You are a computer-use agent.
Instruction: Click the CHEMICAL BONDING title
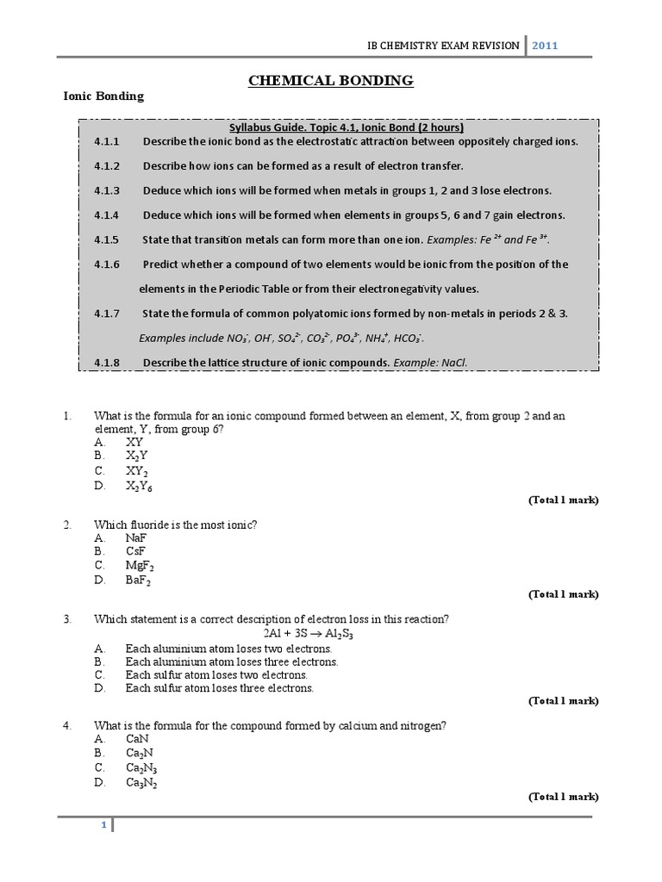click(331, 81)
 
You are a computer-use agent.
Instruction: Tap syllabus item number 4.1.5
click(108, 239)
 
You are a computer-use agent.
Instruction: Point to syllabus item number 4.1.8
click(108, 362)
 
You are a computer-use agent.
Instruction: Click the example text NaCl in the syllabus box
click(454, 362)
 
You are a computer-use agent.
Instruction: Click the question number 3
click(66, 619)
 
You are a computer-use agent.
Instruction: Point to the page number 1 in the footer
click(103, 825)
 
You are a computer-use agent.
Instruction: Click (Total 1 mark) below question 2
click(563, 594)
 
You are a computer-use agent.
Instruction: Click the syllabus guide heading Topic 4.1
click(332, 127)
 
